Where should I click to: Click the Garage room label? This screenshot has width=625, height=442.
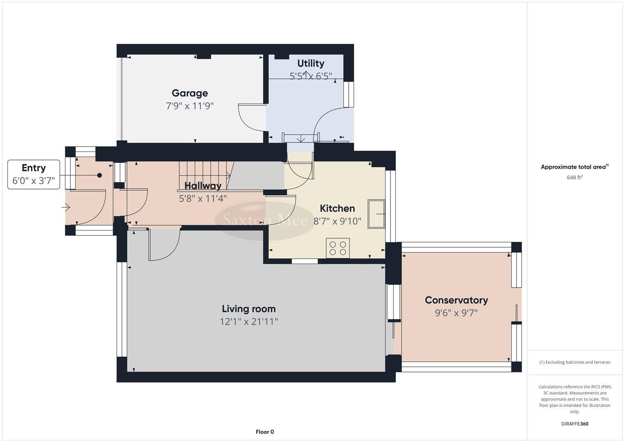190,93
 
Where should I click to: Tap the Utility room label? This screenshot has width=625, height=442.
311,63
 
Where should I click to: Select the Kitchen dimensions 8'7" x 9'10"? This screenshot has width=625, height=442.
337,221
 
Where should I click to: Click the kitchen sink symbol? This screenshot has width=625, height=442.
376,214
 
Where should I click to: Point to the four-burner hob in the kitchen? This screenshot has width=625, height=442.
338,248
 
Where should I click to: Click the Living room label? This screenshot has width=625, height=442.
248,309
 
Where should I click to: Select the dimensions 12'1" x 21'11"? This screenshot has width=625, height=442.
248,322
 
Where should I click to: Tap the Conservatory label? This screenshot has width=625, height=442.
456,300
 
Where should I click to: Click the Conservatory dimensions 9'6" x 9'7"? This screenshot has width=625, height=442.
456,313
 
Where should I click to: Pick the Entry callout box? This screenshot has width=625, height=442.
34,174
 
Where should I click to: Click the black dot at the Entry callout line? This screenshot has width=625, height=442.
99,175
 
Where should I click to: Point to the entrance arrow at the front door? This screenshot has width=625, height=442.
65,208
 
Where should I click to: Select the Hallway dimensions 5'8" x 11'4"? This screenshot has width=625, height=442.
203,199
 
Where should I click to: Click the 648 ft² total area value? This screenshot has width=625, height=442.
574,178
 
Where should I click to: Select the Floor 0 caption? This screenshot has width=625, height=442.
265,432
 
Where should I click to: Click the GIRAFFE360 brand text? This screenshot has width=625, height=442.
574,424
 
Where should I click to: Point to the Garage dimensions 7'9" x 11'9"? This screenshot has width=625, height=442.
190,106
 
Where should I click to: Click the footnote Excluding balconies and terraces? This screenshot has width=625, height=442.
574,362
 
